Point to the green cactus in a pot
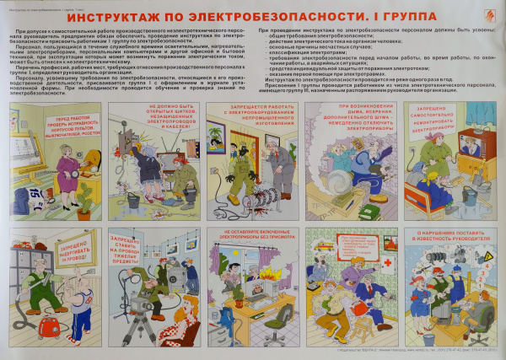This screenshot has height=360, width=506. (85, 199)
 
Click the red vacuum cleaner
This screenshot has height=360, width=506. (57, 324)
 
